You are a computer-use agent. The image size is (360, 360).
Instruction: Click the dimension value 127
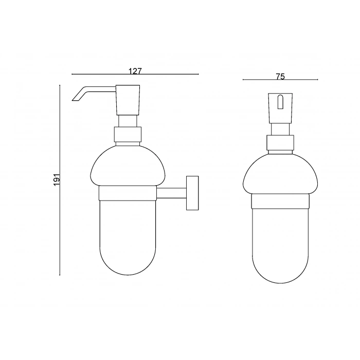(135, 71)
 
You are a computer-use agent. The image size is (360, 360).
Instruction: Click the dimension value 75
(280, 77)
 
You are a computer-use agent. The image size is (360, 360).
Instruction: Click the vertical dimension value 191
(57, 179)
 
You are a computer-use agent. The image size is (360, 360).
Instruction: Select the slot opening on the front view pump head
(280, 103)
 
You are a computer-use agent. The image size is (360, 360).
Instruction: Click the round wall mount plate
(192, 192)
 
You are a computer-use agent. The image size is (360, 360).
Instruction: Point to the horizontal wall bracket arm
(171, 193)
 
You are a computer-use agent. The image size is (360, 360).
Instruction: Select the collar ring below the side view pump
(127, 135)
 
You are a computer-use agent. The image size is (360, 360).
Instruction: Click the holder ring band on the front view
(280, 200)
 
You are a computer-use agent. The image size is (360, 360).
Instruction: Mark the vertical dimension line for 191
(61, 231)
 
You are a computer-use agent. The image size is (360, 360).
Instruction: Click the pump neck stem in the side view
(127, 121)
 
